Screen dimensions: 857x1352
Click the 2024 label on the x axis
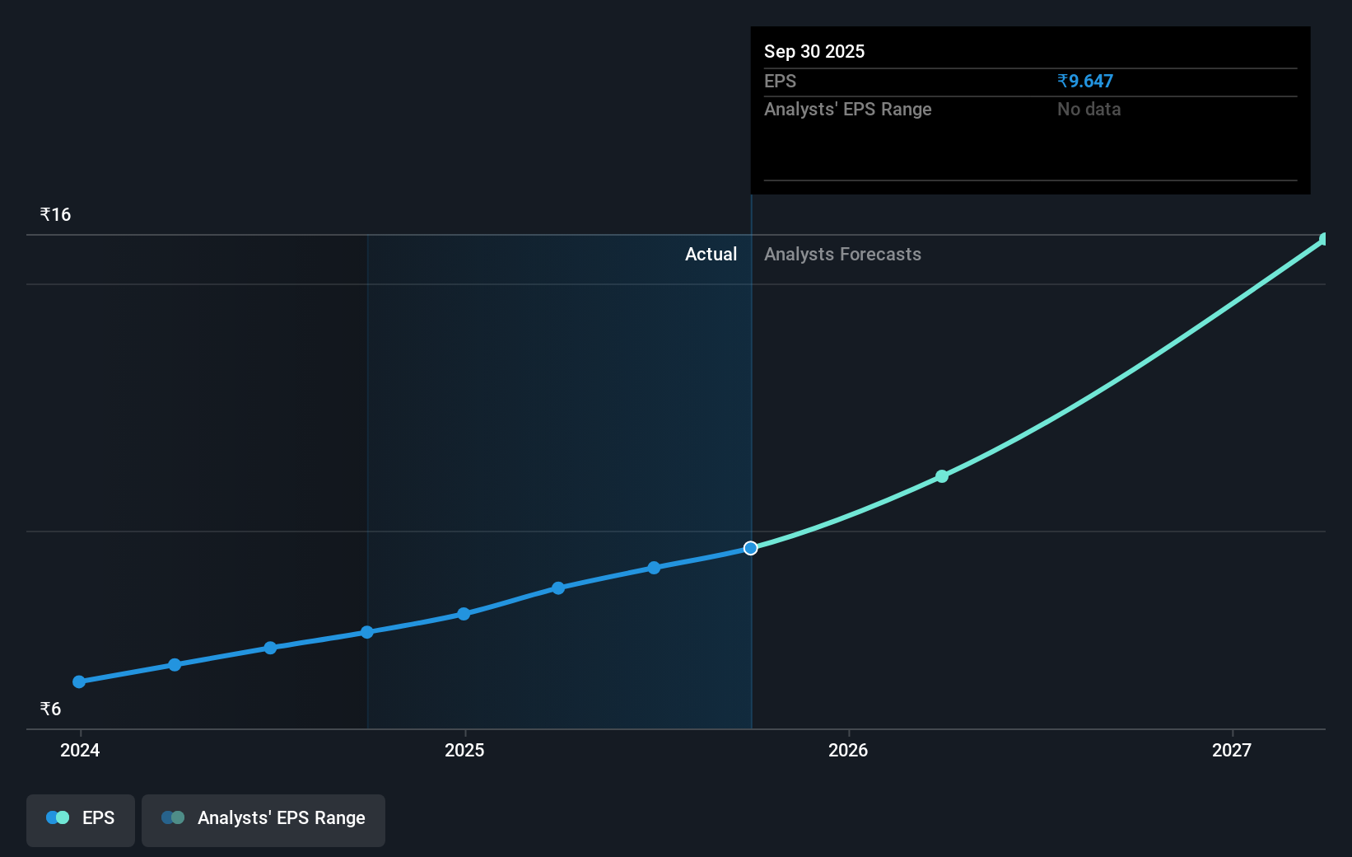point(80,750)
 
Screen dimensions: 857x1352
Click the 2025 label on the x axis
point(464,750)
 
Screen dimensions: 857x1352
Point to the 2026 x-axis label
point(848,750)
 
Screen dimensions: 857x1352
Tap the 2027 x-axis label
point(1232,750)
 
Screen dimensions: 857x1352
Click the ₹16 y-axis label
point(56,215)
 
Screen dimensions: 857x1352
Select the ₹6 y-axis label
point(51,709)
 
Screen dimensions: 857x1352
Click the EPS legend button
point(81,819)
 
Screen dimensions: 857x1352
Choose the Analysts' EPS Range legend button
point(263,819)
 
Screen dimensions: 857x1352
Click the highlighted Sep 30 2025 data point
point(750,548)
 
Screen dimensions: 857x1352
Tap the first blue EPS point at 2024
point(79,681)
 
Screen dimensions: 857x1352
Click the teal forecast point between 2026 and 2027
point(942,476)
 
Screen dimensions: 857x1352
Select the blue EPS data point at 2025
point(464,614)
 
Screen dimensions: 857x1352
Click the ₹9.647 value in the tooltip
point(1085,81)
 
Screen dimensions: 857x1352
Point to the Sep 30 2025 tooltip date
point(814,51)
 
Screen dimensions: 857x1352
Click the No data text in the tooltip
point(1089,109)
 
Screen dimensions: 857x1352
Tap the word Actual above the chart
point(711,254)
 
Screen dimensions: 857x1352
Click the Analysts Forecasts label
point(842,254)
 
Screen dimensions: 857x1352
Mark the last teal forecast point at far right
point(1324,239)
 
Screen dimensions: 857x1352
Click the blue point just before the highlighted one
point(654,568)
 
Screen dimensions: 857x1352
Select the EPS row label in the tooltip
point(780,81)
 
